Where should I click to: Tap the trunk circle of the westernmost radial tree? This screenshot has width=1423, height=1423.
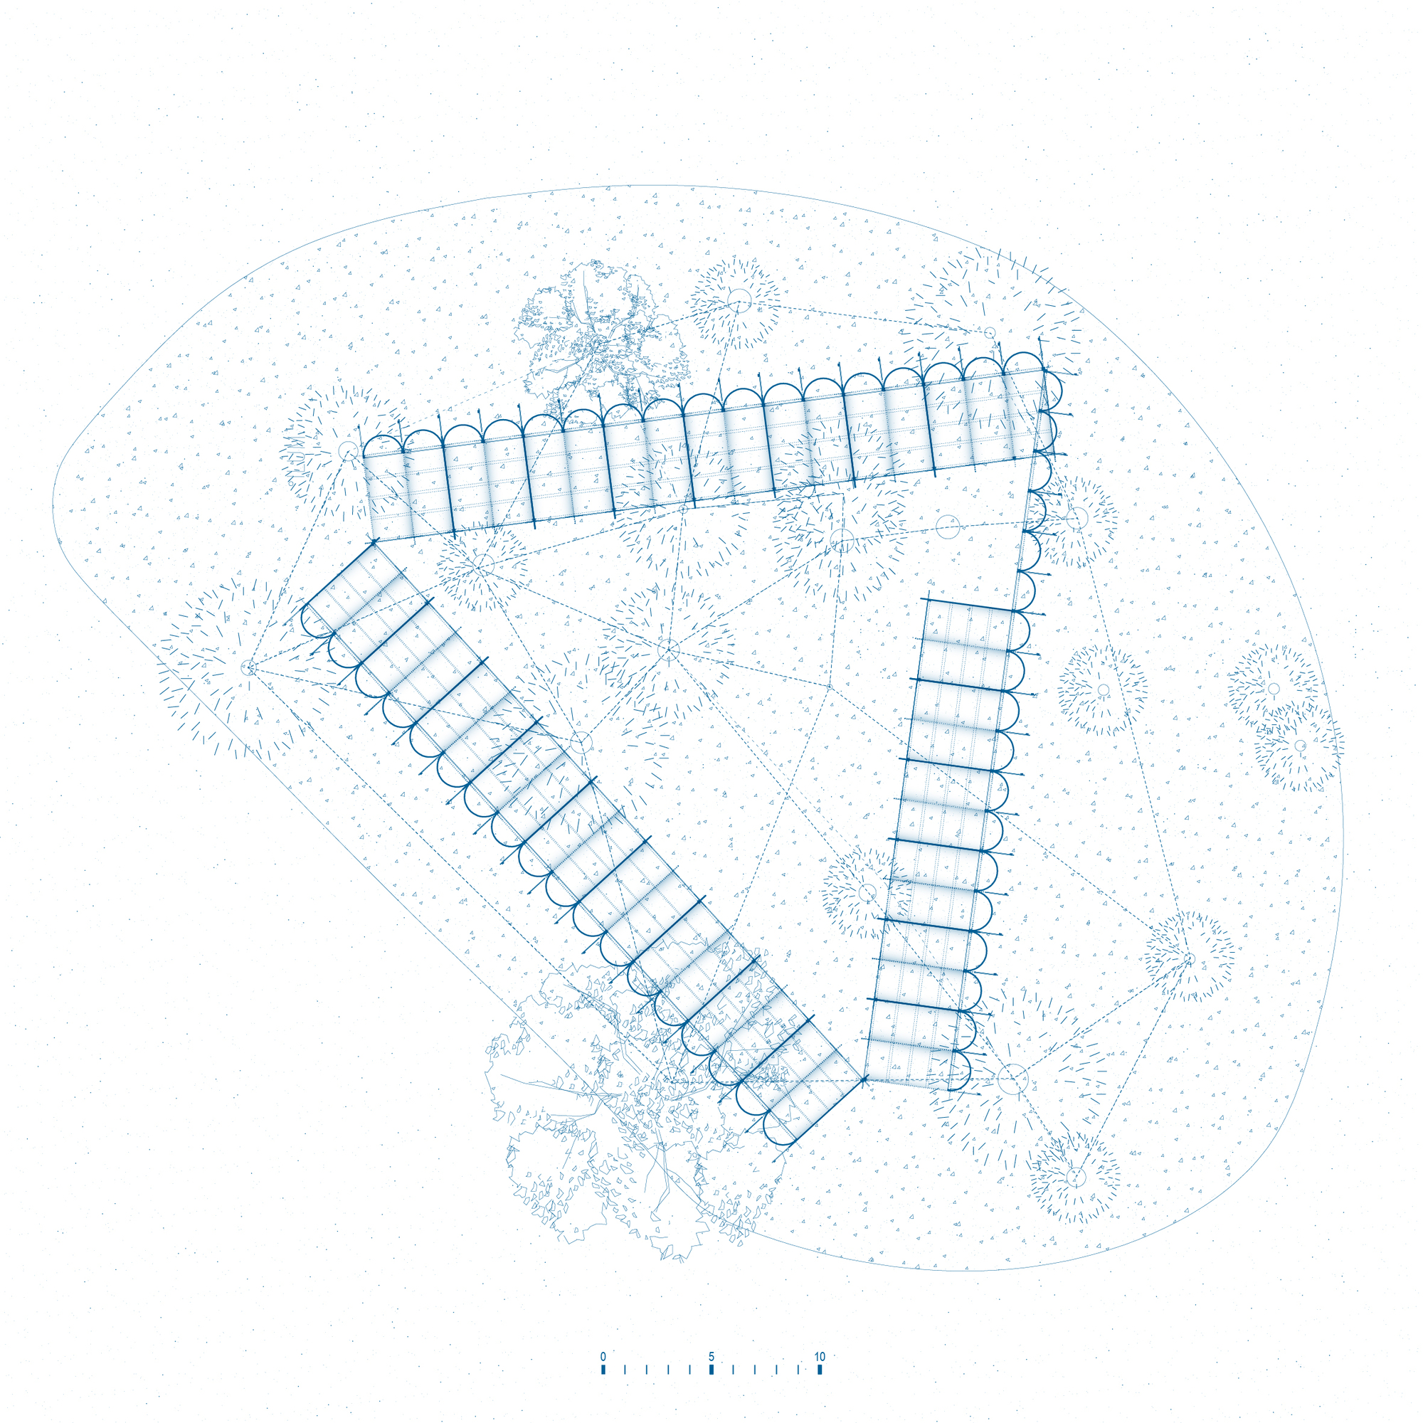pyautogui.click(x=248, y=668)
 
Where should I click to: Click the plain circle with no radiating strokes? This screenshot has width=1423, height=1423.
pyautogui.click(x=948, y=527)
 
